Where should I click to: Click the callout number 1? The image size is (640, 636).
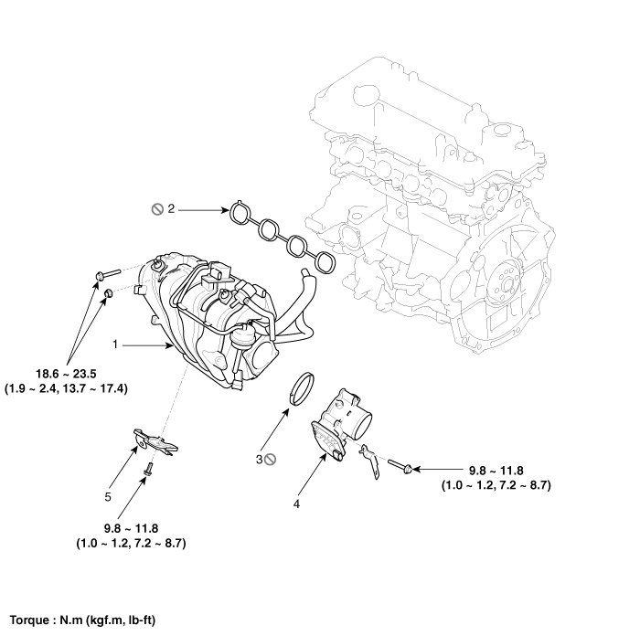pos(116,344)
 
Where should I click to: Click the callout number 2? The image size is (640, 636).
pos(171,209)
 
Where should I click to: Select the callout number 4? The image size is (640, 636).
pos(295,502)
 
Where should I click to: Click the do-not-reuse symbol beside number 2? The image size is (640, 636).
pos(156,209)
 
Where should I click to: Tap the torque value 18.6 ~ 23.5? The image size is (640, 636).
pos(69,372)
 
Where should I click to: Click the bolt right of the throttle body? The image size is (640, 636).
pos(400,468)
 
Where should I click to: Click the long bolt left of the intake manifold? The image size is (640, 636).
pos(106,271)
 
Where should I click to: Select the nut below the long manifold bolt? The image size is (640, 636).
pos(106,292)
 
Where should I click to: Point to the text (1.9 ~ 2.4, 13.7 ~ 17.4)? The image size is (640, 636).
pos(68,387)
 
